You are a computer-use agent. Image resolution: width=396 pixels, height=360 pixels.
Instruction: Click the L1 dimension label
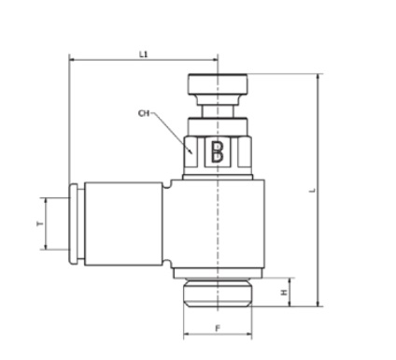tap(144, 54)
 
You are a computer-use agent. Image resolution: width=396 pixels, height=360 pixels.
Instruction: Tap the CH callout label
tap(144, 113)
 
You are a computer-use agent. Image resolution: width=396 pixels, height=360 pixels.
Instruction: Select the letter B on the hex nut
tap(217, 151)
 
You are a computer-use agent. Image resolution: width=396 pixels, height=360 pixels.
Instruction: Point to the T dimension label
tap(39, 223)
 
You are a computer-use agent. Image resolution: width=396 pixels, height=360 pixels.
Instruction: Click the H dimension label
tap(284, 293)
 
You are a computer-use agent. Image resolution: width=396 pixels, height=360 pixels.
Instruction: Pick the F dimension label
tap(218, 328)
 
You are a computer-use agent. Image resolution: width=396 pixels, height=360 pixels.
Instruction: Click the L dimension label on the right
tap(313, 190)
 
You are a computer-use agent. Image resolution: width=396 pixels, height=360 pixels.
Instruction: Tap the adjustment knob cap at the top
tap(218, 84)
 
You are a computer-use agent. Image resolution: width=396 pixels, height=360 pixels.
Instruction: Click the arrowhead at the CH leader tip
tap(191, 151)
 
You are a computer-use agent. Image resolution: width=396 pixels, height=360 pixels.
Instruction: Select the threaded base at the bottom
tap(218, 293)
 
